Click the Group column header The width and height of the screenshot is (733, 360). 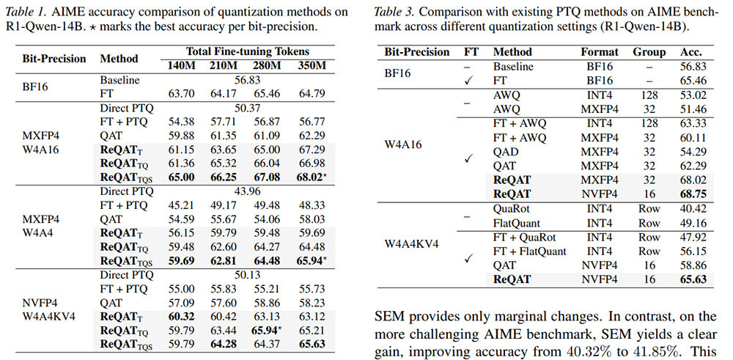(x=649, y=52)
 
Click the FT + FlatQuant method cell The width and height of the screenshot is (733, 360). (x=530, y=251)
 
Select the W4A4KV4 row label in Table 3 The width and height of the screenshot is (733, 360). (x=411, y=244)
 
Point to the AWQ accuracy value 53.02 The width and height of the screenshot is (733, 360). (x=693, y=96)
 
